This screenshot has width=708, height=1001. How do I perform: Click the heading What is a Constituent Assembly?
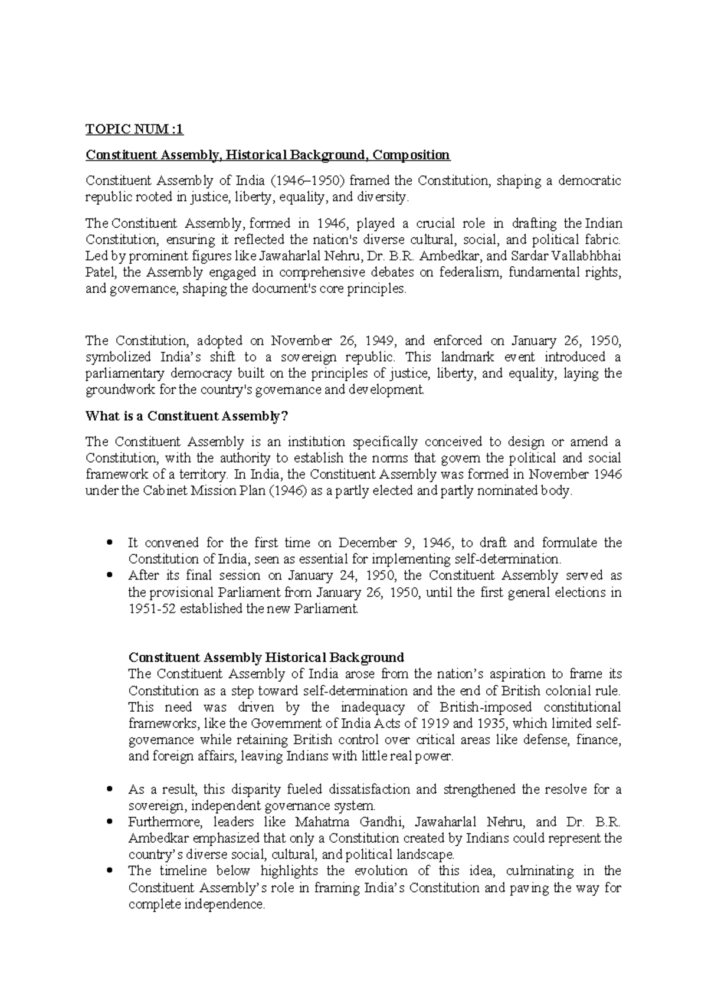[186, 416]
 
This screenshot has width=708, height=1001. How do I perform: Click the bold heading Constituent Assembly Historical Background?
[266, 657]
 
